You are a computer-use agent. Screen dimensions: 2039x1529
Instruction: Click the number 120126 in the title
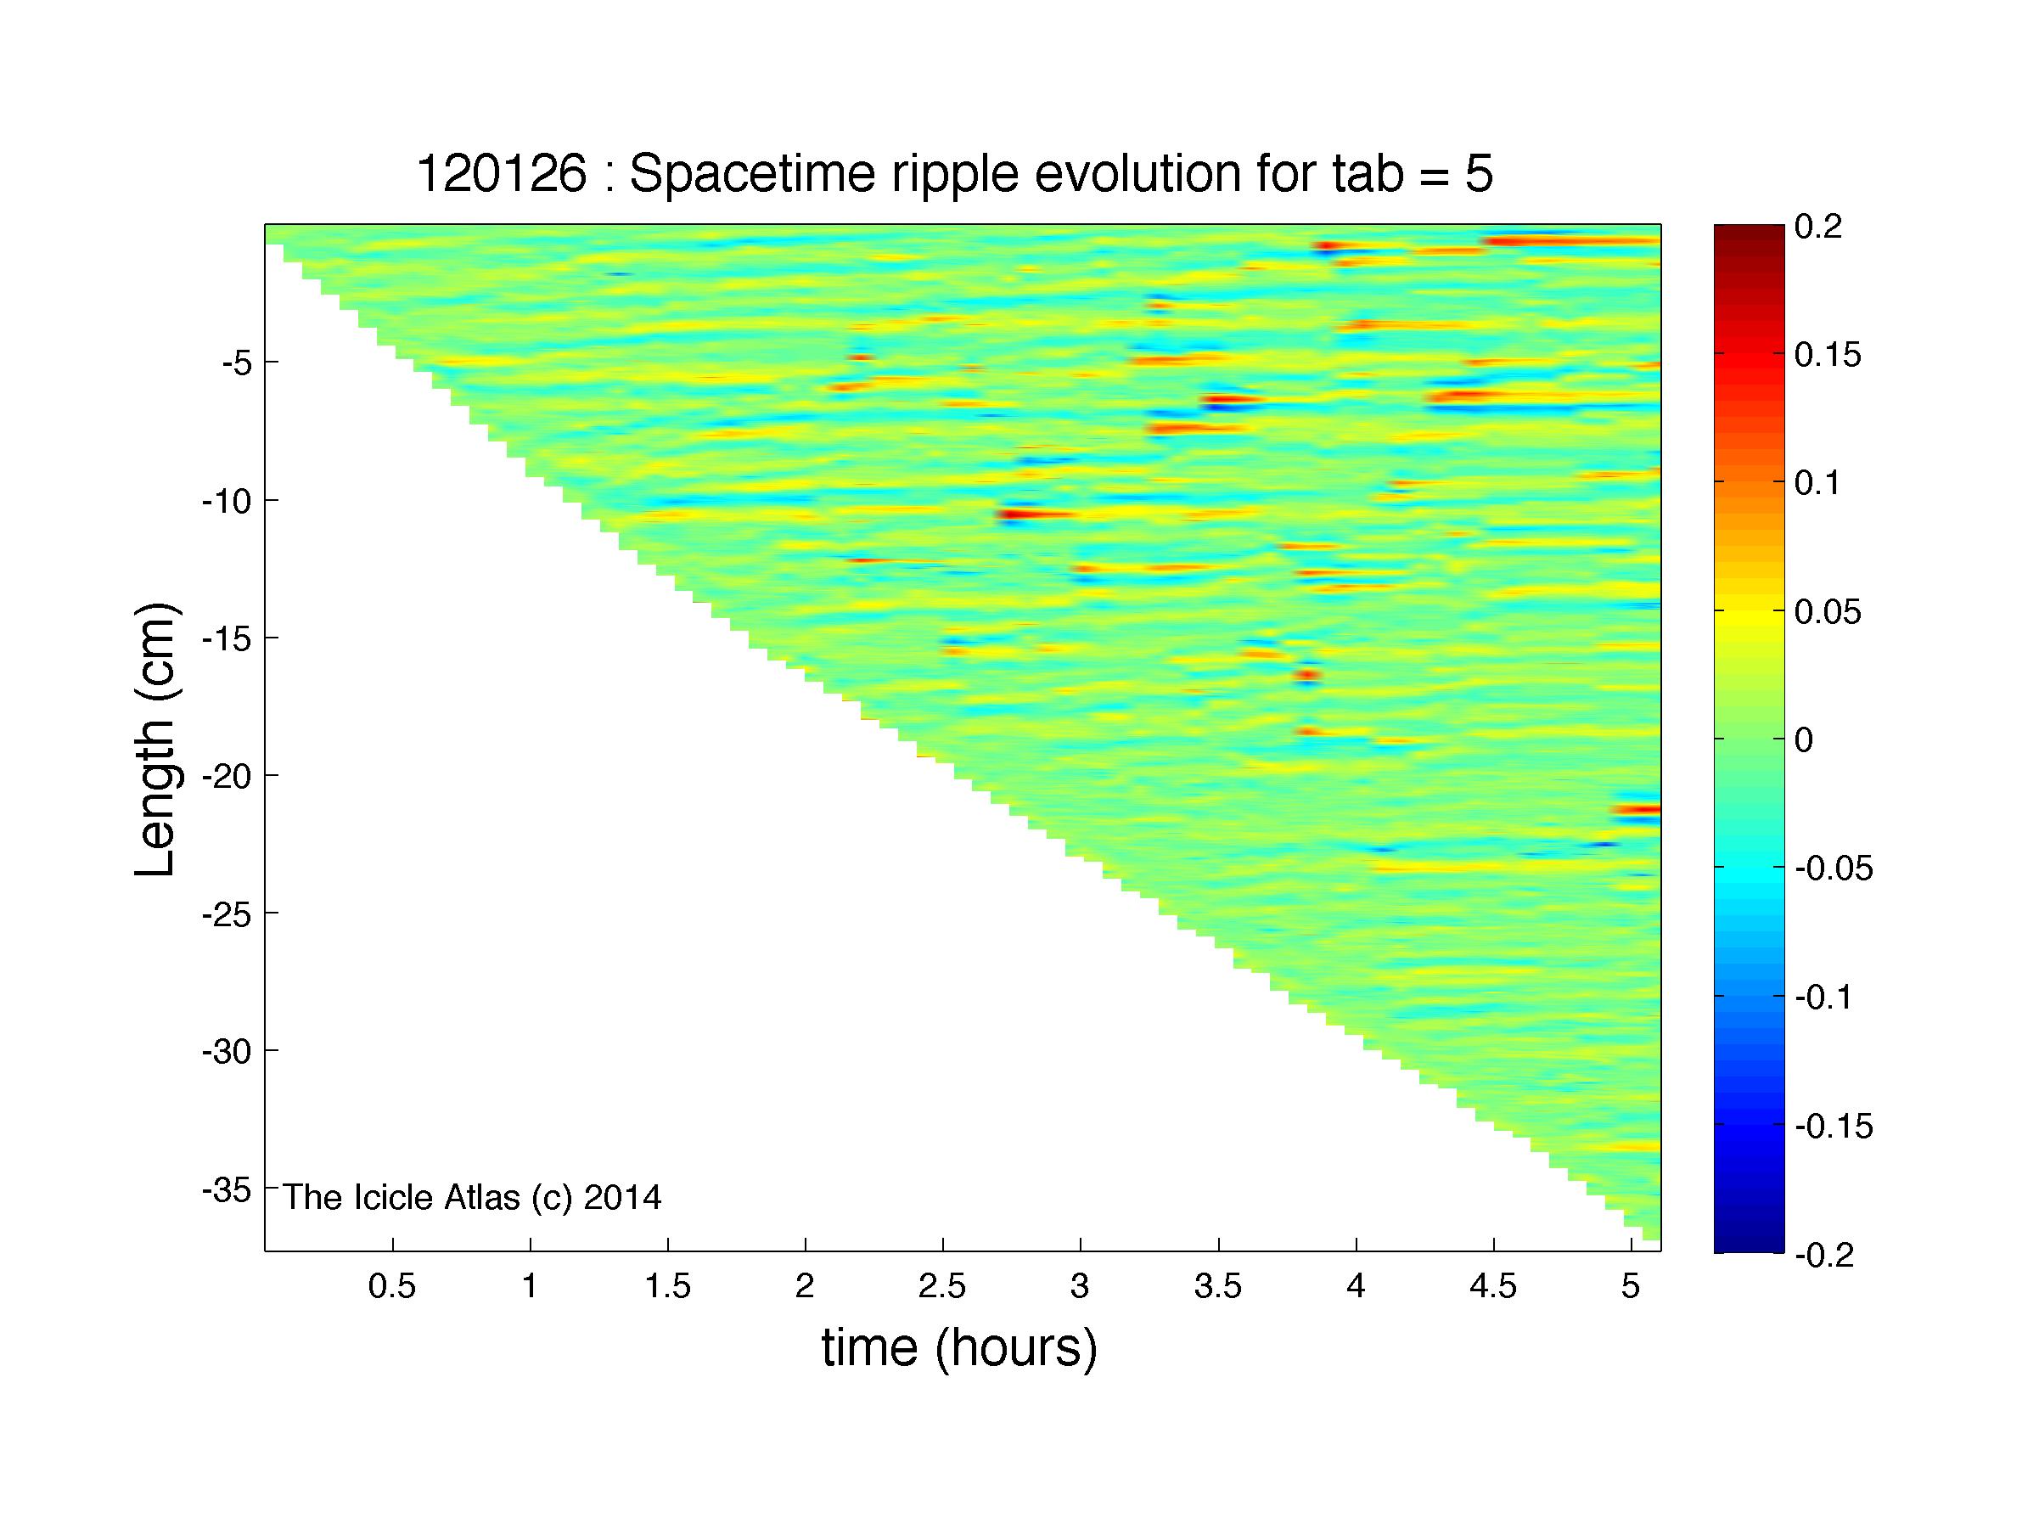click(502, 173)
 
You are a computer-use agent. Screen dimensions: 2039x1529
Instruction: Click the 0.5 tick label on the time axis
click(393, 1286)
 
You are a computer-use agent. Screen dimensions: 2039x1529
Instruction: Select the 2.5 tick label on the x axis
click(942, 1286)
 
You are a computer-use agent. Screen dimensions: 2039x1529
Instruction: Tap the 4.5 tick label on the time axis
click(1492, 1286)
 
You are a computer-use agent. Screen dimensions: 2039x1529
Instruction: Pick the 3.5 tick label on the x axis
click(1217, 1286)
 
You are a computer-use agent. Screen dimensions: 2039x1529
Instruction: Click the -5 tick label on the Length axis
click(236, 363)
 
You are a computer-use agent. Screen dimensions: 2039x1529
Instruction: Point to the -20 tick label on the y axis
click(227, 776)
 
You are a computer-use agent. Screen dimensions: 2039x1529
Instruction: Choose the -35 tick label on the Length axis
click(227, 1190)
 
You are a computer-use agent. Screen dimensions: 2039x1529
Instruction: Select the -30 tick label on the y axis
click(227, 1052)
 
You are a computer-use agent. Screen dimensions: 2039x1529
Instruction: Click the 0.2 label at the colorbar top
click(1818, 227)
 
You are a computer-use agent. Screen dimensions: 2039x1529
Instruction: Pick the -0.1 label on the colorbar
click(1824, 998)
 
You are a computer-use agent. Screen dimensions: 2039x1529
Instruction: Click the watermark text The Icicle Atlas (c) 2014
click(472, 1197)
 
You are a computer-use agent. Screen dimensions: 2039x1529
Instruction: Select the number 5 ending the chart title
click(1479, 174)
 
